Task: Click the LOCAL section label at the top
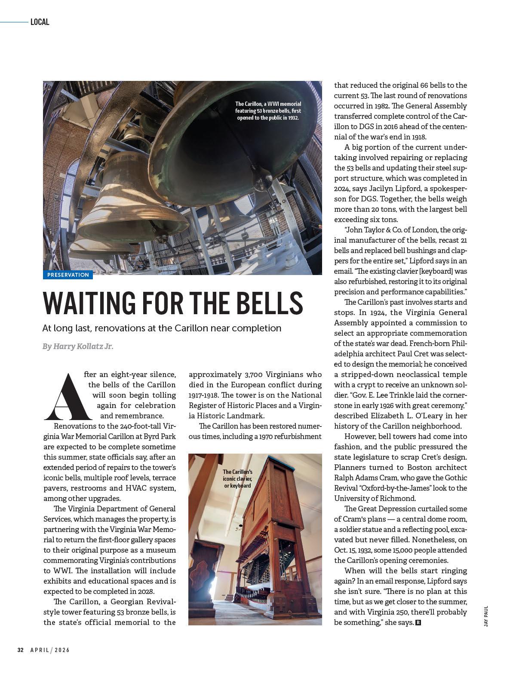pos(40,22)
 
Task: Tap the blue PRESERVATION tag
pos(68,275)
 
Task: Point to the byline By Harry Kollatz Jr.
pos(78,346)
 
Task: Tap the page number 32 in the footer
pos(20,650)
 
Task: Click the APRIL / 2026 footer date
pos(50,650)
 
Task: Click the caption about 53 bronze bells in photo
pos(268,111)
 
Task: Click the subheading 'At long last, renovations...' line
pos(162,328)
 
